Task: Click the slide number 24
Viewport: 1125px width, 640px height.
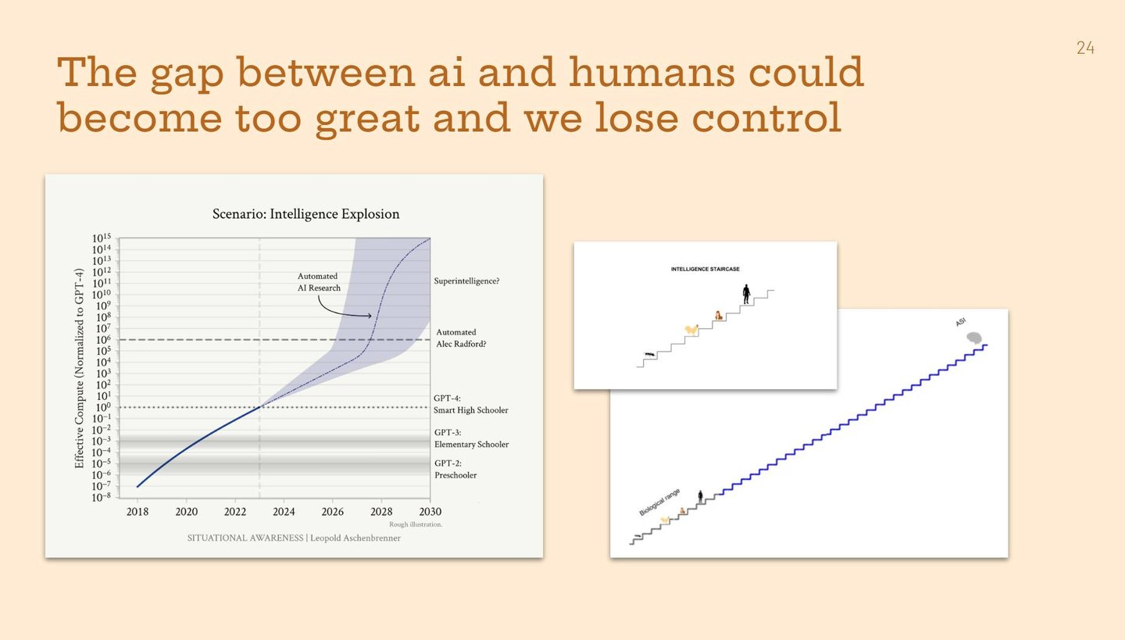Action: (x=1085, y=48)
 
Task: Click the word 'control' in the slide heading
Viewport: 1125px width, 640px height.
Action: (x=766, y=117)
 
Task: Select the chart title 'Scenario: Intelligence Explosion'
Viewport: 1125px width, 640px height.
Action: (x=306, y=214)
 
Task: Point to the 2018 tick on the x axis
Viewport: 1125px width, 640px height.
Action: (x=137, y=499)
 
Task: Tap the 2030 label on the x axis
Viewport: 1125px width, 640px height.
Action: (x=430, y=511)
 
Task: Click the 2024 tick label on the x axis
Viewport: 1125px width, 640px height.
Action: (x=284, y=511)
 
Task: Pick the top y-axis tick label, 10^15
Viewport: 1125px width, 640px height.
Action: (x=102, y=238)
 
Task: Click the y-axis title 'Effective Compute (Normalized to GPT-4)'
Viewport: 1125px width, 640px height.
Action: (x=79, y=368)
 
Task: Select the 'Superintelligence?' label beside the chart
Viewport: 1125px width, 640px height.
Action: (x=466, y=281)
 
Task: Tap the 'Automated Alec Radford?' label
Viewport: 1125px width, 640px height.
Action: (x=461, y=338)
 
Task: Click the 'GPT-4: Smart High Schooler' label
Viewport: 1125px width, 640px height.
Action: (x=470, y=405)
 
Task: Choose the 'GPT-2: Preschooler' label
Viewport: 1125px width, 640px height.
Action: (x=455, y=469)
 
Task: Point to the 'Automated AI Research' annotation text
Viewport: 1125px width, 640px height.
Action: (x=319, y=282)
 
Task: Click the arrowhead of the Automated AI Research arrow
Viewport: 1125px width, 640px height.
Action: (x=370, y=316)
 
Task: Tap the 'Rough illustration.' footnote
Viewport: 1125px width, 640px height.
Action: (x=416, y=524)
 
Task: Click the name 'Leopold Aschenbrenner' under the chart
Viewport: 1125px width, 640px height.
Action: (x=355, y=538)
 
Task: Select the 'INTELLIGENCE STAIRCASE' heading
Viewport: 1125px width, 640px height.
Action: (x=705, y=270)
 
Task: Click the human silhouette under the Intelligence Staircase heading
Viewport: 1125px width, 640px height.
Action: (x=746, y=294)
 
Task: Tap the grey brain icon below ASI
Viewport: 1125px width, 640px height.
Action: (x=974, y=338)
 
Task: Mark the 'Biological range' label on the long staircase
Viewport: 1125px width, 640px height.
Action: (x=659, y=502)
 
